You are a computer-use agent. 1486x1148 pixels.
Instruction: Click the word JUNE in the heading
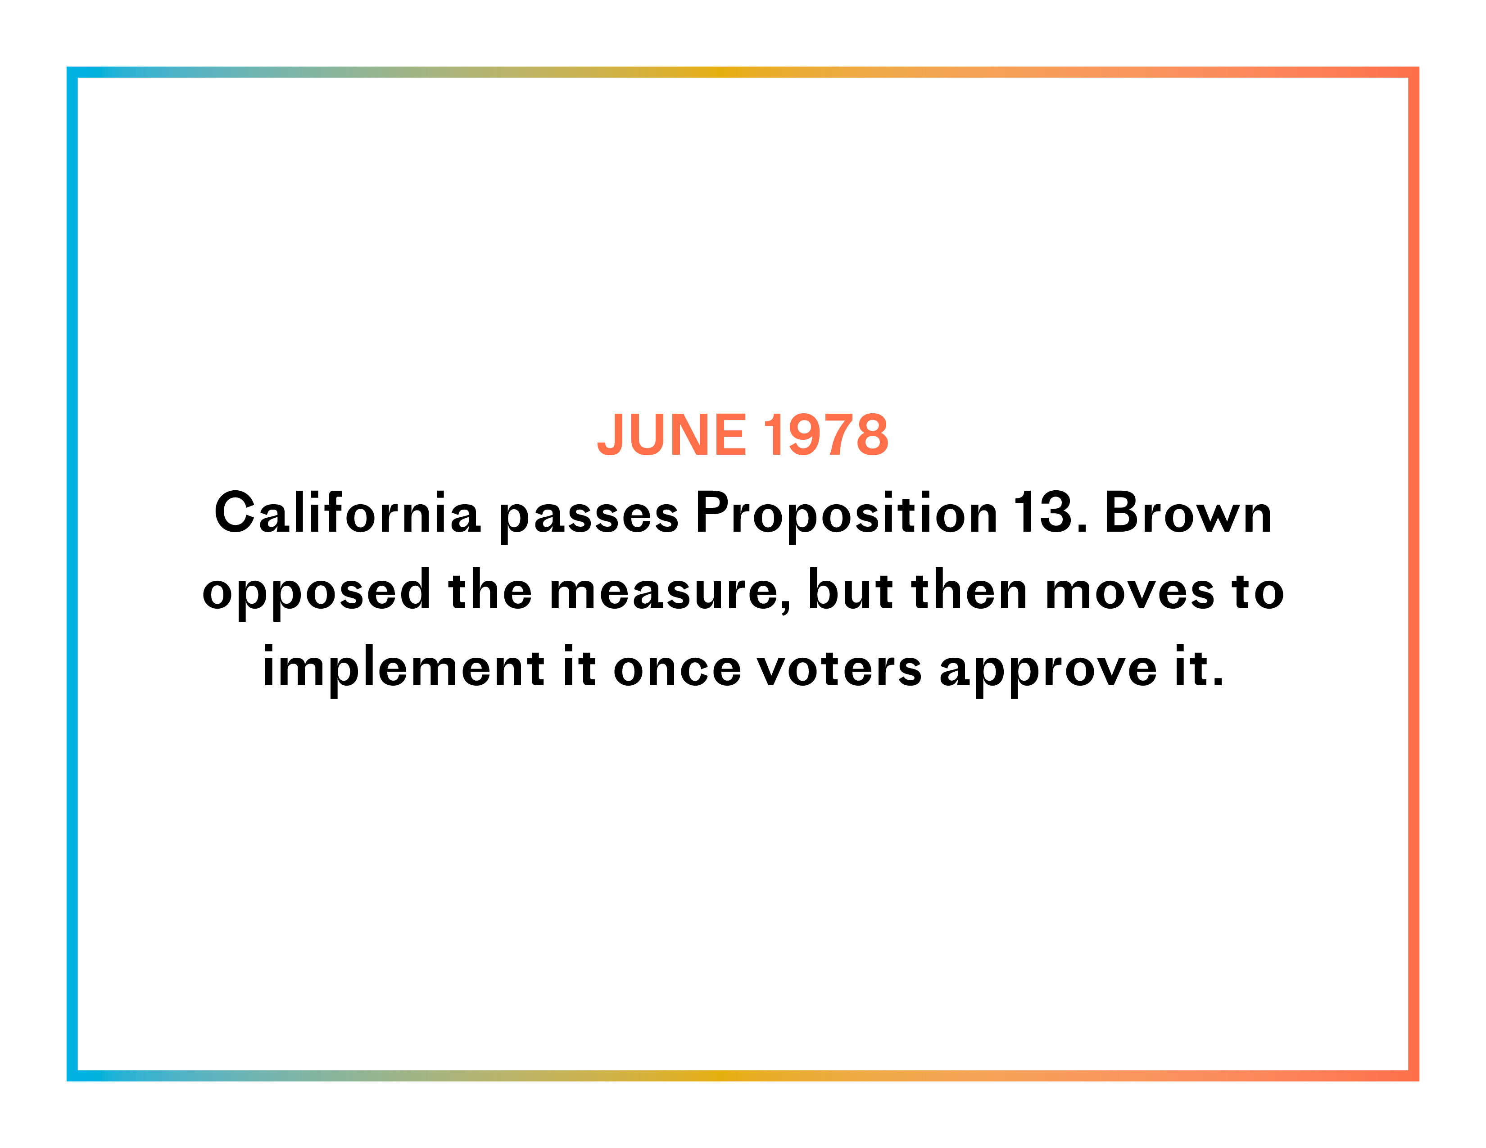671,435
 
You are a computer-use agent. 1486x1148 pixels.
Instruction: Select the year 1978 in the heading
826,435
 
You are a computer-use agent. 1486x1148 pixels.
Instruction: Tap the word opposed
317,592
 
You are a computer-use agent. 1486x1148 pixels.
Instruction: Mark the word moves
1129,593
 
